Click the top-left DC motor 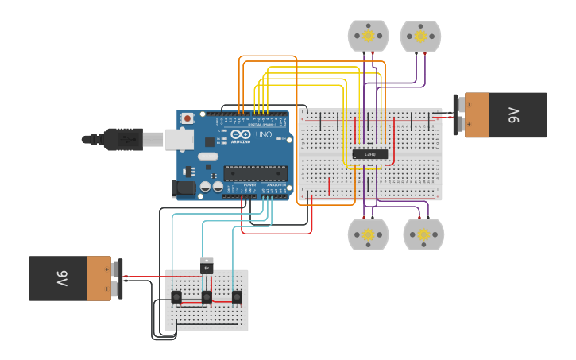[368, 36]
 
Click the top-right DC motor [420, 36]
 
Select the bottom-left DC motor [369, 234]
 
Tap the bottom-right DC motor [423, 234]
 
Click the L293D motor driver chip [370, 153]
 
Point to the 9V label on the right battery [512, 115]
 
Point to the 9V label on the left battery [61, 279]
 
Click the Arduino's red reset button [187, 118]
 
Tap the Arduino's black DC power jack [184, 188]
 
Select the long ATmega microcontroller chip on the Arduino [255, 172]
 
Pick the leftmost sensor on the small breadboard [176, 297]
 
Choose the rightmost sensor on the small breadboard [237, 297]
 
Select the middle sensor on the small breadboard [207, 297]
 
